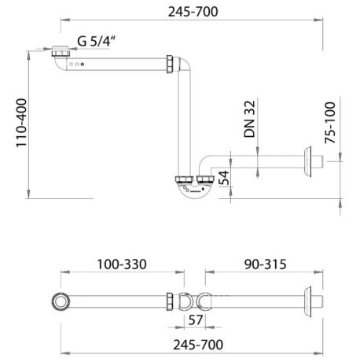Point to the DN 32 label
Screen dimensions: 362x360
tap(248, 120)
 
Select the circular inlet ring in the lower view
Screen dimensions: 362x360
tap(60, 301)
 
